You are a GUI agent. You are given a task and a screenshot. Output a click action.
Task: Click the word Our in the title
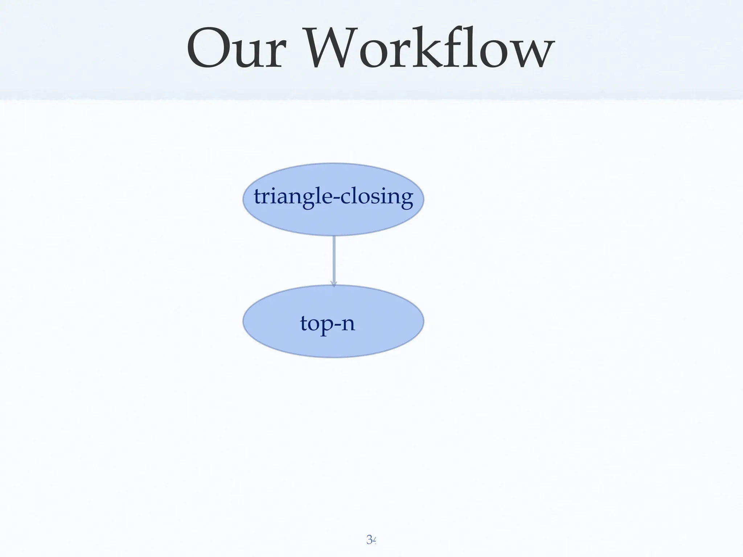coord(236,49)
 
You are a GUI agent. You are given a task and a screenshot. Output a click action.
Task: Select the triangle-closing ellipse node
coord(333,221)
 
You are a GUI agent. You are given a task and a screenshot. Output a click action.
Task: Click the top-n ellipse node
coord(333,344)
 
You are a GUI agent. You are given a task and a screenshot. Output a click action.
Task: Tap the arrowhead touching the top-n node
coord(334,284)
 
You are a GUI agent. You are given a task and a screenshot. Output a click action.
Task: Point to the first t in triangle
coord(258,197)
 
